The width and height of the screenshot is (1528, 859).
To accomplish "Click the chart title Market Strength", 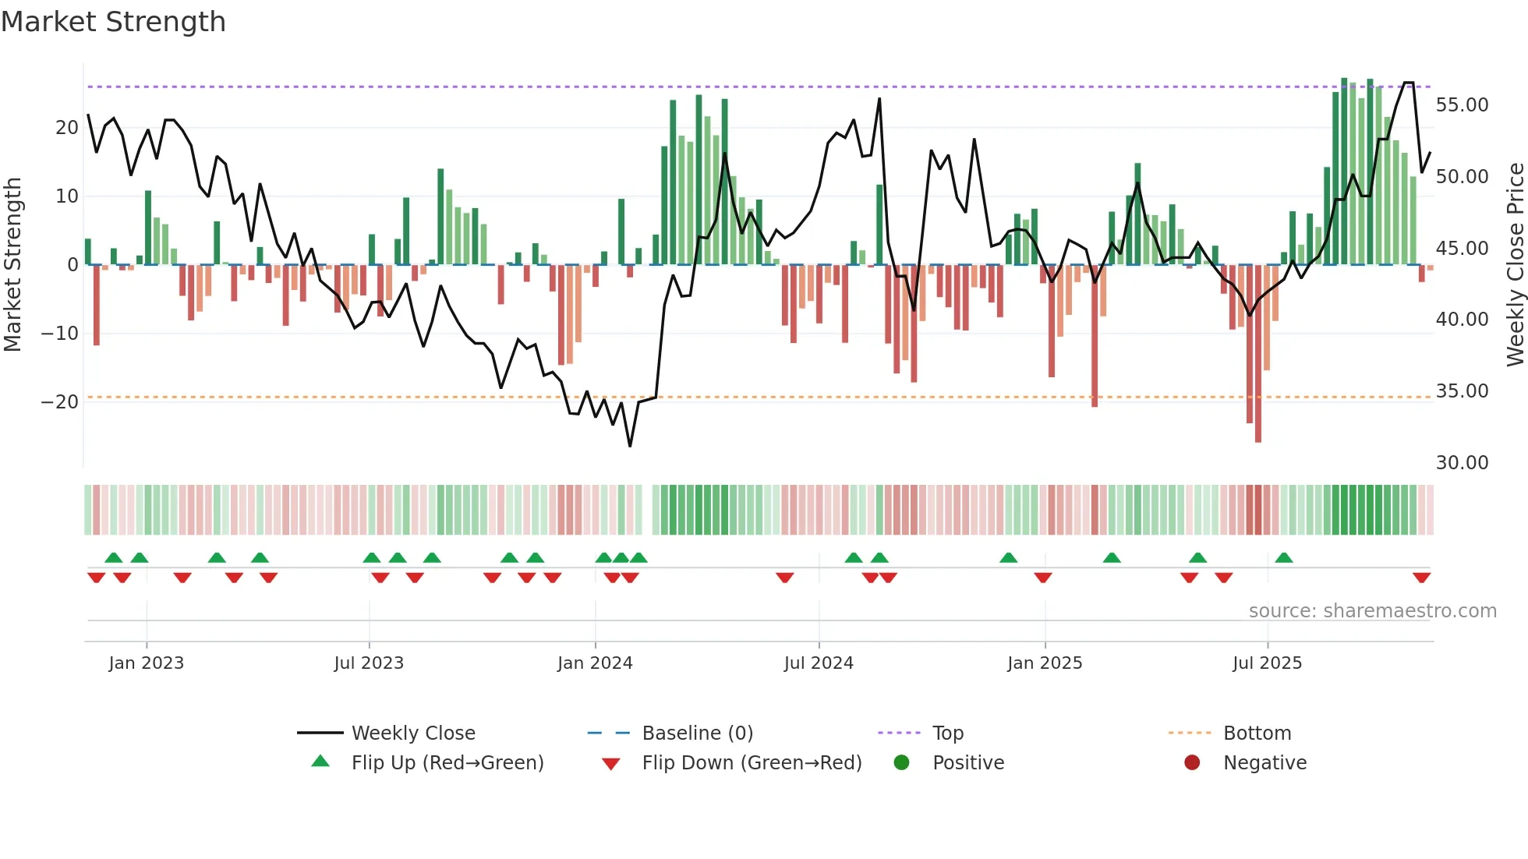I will [x=113, y=22].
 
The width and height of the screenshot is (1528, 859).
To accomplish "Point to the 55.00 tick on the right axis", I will [x=1462, y=105].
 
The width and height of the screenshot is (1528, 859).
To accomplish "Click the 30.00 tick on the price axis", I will [x=1462, y=463].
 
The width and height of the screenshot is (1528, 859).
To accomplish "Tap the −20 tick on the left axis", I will [x=60, y=402].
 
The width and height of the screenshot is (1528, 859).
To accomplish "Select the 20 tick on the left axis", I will [x=66, y=128].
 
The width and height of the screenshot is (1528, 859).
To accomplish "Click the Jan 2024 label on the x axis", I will [x=595, y=663].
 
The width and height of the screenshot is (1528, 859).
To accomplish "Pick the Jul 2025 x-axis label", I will [x=1267, y=663].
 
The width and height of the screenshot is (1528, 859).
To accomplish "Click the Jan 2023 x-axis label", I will [x=147, y=663].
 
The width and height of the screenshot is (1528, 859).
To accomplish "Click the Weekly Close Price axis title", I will [x=1515, y=264].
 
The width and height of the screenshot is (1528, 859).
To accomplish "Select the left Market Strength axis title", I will [x=12, y=264].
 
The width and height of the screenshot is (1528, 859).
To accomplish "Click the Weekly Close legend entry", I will [x=413, y=734].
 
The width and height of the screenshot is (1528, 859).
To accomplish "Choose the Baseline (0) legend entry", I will [x=697, y=734].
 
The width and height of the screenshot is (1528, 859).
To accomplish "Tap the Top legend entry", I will [x=948, y=734].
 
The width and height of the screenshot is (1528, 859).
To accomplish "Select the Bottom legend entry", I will [x=1257, y=734].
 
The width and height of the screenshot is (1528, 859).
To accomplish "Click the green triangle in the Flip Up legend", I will [x=320, y=762].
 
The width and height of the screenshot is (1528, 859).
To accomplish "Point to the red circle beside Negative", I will [x=1192, y=762].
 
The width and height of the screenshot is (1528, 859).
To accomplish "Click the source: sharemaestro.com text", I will [x=1372, y=611].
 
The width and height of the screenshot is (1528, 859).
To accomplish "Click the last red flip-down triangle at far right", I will [x=1421, y=578].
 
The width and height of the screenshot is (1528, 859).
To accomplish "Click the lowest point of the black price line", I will [x=630, y=446].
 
